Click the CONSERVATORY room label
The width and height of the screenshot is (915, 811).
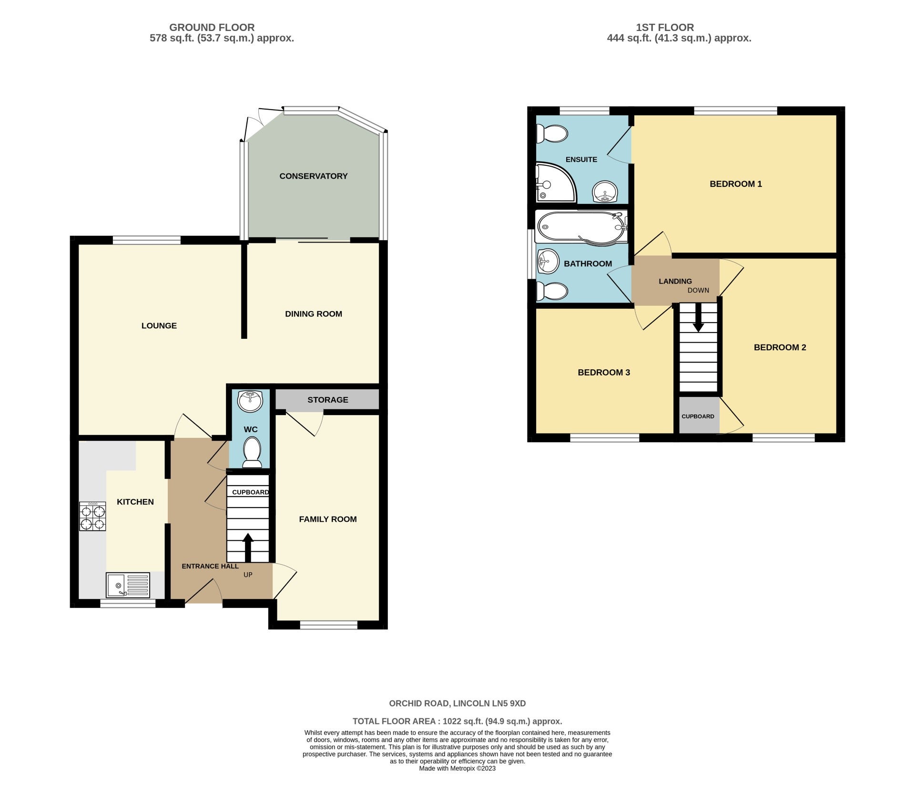(313, 176)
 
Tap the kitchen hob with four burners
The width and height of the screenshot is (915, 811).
(92, 516)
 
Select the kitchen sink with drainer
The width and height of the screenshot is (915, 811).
(128, 585)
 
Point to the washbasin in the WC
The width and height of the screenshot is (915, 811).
(250, 401)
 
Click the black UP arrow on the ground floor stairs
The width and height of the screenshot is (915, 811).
(248, 547)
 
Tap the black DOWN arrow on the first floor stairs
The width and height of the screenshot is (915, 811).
(698, 317)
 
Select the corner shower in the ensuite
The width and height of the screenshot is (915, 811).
(556, 182)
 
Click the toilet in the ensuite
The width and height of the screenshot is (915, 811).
(552, 133)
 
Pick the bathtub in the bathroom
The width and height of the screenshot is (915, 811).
(581, 227)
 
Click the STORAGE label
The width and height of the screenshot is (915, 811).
(328, 400)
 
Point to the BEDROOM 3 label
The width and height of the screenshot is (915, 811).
(604, 372)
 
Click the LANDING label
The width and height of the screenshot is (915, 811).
(675, 281)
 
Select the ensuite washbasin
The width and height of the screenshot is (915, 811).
(605, 192)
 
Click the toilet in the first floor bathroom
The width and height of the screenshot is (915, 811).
(552, 292)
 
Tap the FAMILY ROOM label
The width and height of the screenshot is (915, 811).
(328, 519)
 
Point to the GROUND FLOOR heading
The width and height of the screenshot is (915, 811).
(212, 28)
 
